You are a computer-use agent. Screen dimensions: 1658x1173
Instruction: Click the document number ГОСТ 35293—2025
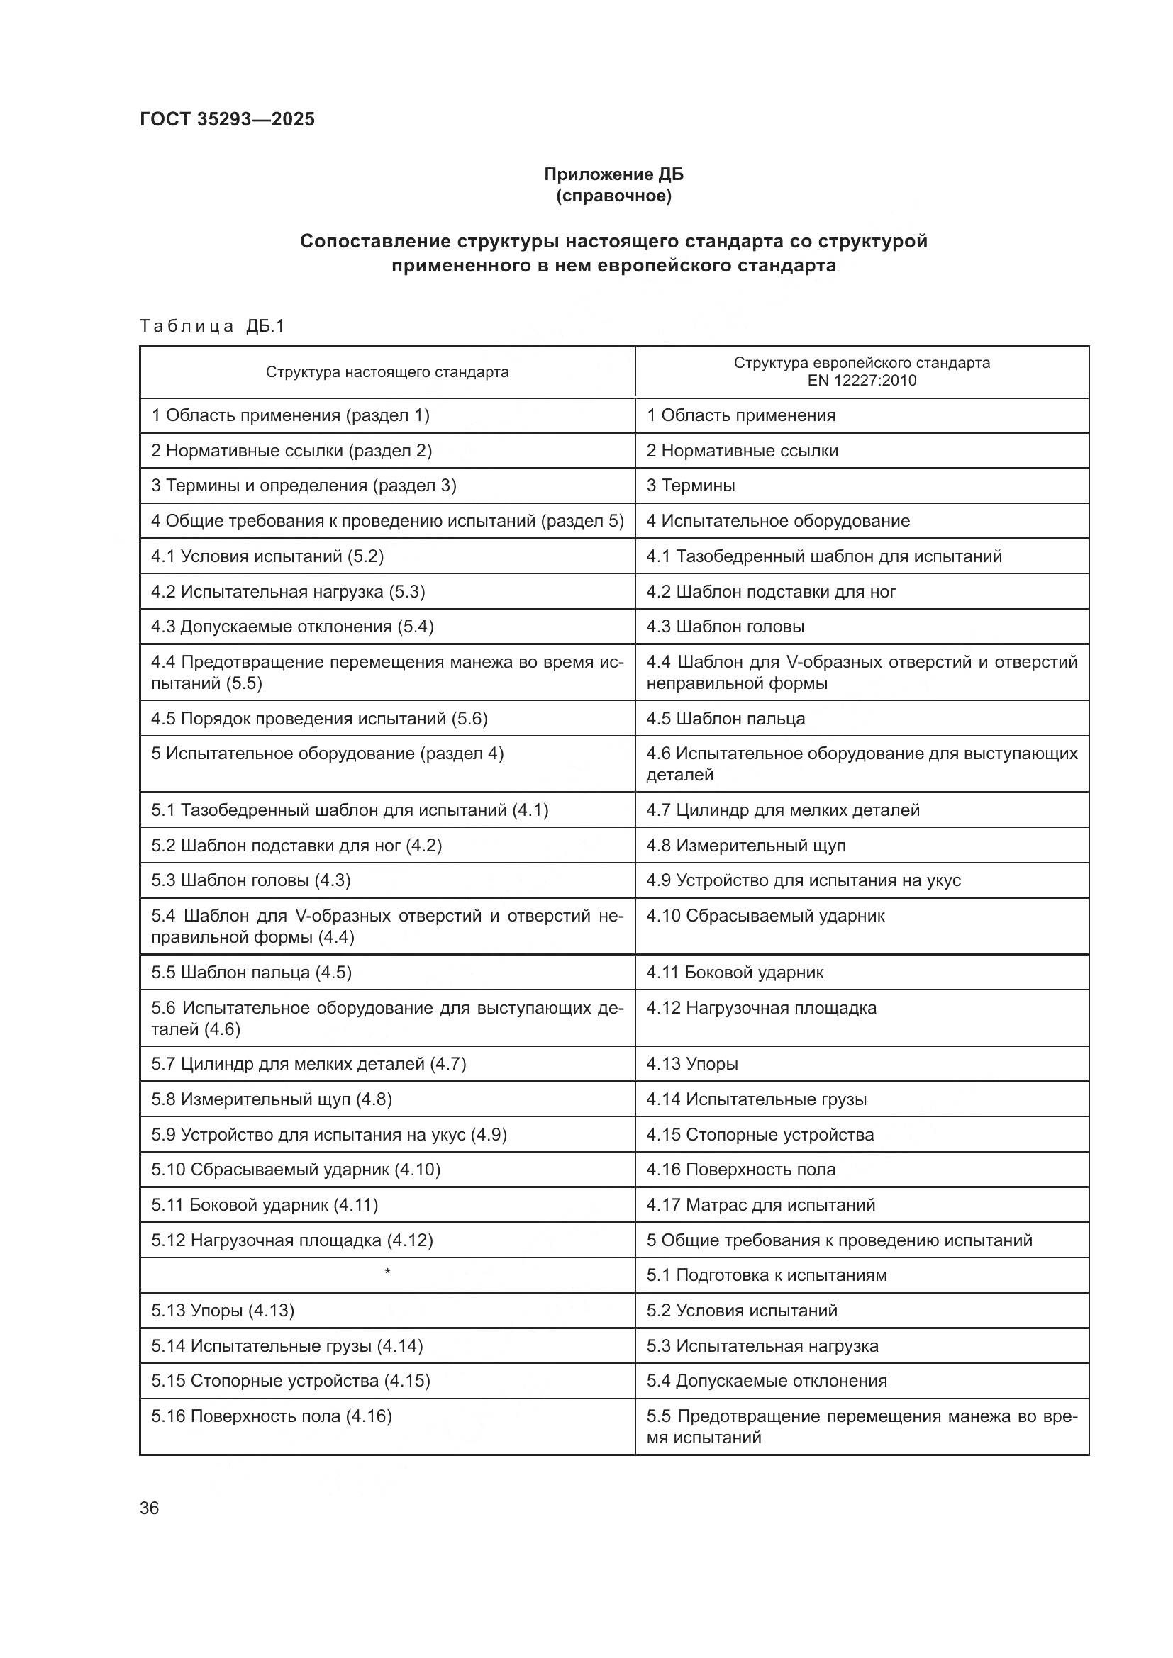coord(227,119)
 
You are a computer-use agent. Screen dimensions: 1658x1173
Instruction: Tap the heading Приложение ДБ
coord(613,174)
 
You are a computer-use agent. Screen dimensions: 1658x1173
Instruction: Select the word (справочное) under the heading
coord(613,196)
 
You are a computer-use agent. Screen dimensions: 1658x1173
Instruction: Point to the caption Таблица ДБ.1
coord(212,326)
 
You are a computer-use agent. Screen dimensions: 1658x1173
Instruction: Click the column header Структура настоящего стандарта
coord(387,372)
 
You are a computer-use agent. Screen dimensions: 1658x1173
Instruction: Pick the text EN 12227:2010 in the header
coord(862,381)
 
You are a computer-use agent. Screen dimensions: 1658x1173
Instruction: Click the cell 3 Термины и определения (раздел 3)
coord(304,486)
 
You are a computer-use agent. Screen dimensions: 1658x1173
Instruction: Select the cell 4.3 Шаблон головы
coord(726,627)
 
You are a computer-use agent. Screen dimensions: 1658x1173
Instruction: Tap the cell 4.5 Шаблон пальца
coord(726,719)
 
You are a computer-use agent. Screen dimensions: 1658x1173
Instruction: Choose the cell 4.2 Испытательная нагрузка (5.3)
coord(287,592)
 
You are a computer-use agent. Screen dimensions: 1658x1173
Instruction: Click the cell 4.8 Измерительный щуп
coord(745,845)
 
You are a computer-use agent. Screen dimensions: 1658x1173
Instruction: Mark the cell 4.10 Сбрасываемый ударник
coord(765,916)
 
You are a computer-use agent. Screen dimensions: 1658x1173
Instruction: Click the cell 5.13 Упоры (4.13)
coord(223,1310)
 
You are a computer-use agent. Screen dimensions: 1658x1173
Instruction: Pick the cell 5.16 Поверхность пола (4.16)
coord(272,1416)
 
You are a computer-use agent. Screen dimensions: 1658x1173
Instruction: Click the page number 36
coord(150,1508)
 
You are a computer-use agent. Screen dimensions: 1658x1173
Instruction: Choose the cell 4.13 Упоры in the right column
coord(692,1064)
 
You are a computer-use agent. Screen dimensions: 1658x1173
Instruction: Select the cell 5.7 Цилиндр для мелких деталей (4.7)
coord(308,1064)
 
